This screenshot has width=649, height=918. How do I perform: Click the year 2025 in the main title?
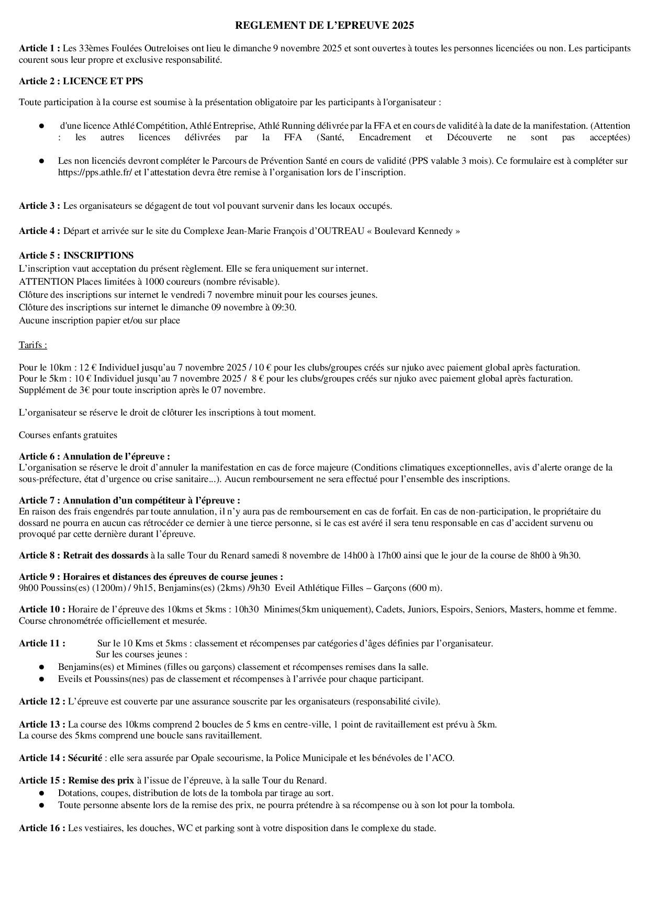point(404,25)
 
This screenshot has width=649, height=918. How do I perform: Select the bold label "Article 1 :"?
point(40,49)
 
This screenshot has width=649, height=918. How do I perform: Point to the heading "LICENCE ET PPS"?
point(103,81)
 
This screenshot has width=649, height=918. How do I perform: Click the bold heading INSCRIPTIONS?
point(98,255)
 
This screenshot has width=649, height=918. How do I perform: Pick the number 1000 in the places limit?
point(141,282)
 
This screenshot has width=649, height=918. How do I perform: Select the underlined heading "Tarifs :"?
point(32,345)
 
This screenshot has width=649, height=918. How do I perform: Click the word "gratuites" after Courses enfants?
point(99,435)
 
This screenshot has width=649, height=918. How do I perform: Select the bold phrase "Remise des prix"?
point(101,780)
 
